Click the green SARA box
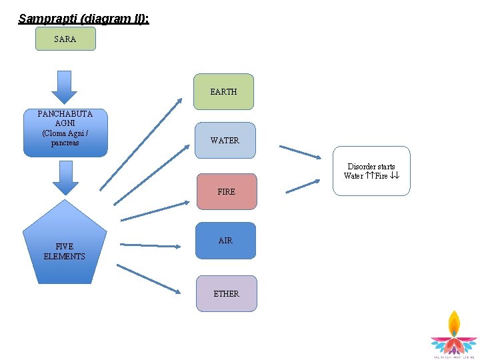tap(65, 39)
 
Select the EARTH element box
tap(224, 91)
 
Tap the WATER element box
tap(225, 140)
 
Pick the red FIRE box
tap(226, 191)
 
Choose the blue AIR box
tap(225, 240)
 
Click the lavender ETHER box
tap(226, 293)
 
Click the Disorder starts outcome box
tap(371, 171)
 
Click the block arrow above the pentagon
tap(65, 177)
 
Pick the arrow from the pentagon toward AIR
tap(151, 246)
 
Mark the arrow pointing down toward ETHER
tap(148, 279)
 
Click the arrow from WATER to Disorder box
tap(299, 151)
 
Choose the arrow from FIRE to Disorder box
tap(302, 186)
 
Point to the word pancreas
tap(65, 143)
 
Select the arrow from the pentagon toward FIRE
tap(155, 211)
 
